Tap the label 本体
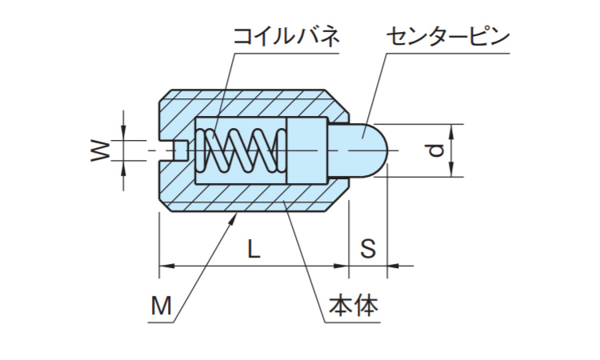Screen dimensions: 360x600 click(x=353, y=306)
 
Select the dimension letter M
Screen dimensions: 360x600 click(x=161, y=305)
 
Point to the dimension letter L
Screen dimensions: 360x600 click(x=253, y=248)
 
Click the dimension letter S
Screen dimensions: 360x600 click(x=367, y=248)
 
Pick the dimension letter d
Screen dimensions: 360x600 click(x=433, y=150)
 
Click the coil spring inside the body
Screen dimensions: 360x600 click(x=241, y=150)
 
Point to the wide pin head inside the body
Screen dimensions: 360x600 click(x=306, y=150)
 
